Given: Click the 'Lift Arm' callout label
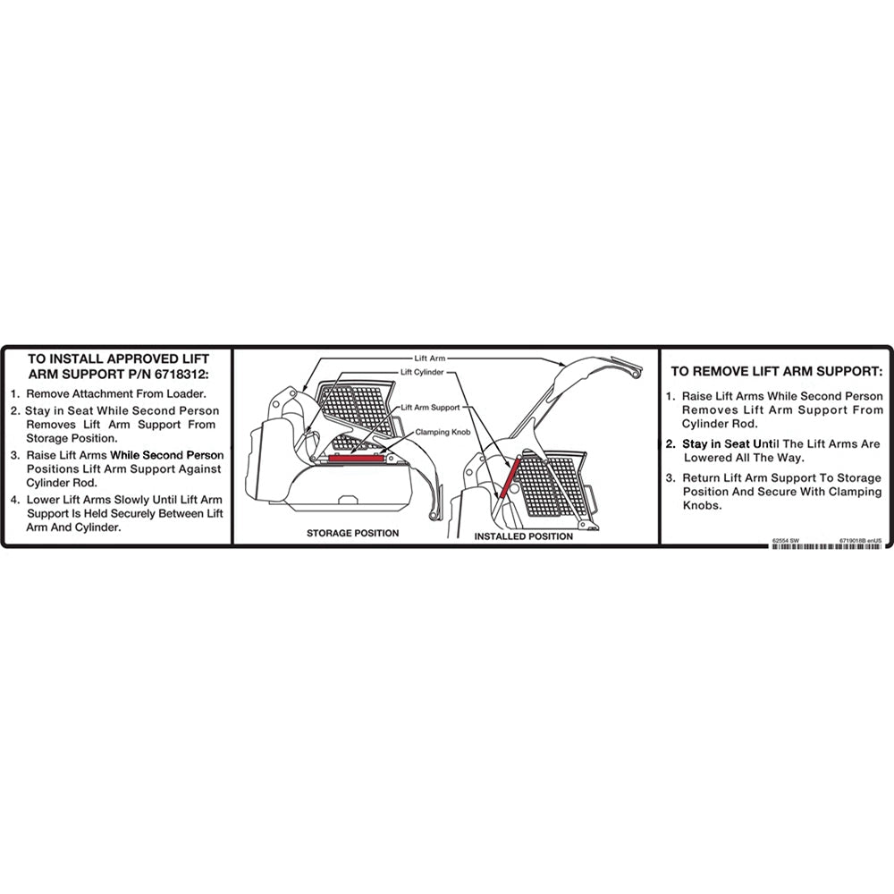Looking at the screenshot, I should click(432, 358).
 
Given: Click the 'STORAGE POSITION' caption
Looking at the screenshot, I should click(352, 533).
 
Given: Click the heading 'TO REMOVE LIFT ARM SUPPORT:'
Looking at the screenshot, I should click(776, 370).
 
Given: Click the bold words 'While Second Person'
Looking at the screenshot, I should click(166, 455).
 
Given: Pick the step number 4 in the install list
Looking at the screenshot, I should click(15, 499).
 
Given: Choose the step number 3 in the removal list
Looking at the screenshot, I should click(670, 477).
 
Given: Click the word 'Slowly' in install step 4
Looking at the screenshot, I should click(116, 499).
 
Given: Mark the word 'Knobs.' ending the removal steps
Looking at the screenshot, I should click(702, 506).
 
